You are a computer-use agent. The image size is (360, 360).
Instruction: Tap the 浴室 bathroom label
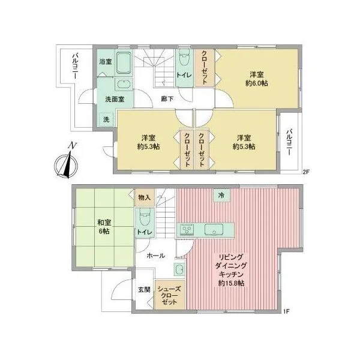click(106, 62)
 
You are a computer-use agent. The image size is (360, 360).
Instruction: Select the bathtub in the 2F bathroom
click(124, 62)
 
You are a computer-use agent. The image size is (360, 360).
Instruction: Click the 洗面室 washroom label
click(115, 99)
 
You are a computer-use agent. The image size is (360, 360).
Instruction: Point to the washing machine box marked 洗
click(106, 119)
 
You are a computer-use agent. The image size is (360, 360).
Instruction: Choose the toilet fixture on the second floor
click(184, 58)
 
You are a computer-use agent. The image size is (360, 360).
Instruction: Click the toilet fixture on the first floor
click(145, 218)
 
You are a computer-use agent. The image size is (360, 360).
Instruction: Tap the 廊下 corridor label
click(167, 99)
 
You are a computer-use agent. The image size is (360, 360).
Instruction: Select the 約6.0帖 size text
click(257, 83)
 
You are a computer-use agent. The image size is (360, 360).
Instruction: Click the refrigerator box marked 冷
click(221, 196)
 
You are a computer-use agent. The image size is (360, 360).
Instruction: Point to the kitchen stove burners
click(187, 230)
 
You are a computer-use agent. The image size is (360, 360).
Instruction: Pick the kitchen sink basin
click(214, 229)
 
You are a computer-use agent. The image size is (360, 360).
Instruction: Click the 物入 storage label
click(145, 197)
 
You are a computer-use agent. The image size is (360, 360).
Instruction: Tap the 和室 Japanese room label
click(104, 223)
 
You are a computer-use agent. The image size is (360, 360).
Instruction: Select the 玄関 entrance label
click(144, 290)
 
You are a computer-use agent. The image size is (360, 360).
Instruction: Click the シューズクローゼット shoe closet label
click(169, 295)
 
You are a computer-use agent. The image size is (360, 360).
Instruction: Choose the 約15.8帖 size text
click(231, 283)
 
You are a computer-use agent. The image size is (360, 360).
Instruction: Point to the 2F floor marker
click(306, 172)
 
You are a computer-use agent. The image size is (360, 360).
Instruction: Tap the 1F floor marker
click(286, 311)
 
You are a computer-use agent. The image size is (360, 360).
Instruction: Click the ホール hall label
click(155, 256)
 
